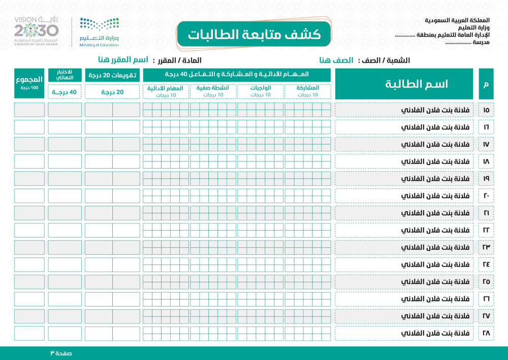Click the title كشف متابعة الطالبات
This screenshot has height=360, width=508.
click(x=254, y=35)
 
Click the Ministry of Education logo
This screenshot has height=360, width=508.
click(x=99, y=32)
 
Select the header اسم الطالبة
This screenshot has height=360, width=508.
click(x=404, y=84)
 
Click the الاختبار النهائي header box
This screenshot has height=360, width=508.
click(x=65, y=75)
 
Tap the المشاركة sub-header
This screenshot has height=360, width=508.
click(x=308, y=91)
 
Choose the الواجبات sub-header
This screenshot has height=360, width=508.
click(x=261, y=91)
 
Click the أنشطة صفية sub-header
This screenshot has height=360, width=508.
click(x=213, y=91)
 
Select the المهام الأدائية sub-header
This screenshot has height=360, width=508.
click(x=166, y=91)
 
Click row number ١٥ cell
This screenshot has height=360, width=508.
click(x=486, y=110)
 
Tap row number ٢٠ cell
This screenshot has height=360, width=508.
click(x=486, y=195)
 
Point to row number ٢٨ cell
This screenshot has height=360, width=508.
click(x=486, y=333)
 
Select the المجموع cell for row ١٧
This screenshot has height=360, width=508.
click(x=29, y=144)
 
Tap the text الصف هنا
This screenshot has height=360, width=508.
click(x=337, y=60)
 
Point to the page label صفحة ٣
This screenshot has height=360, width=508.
click(x=62, y=353)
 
